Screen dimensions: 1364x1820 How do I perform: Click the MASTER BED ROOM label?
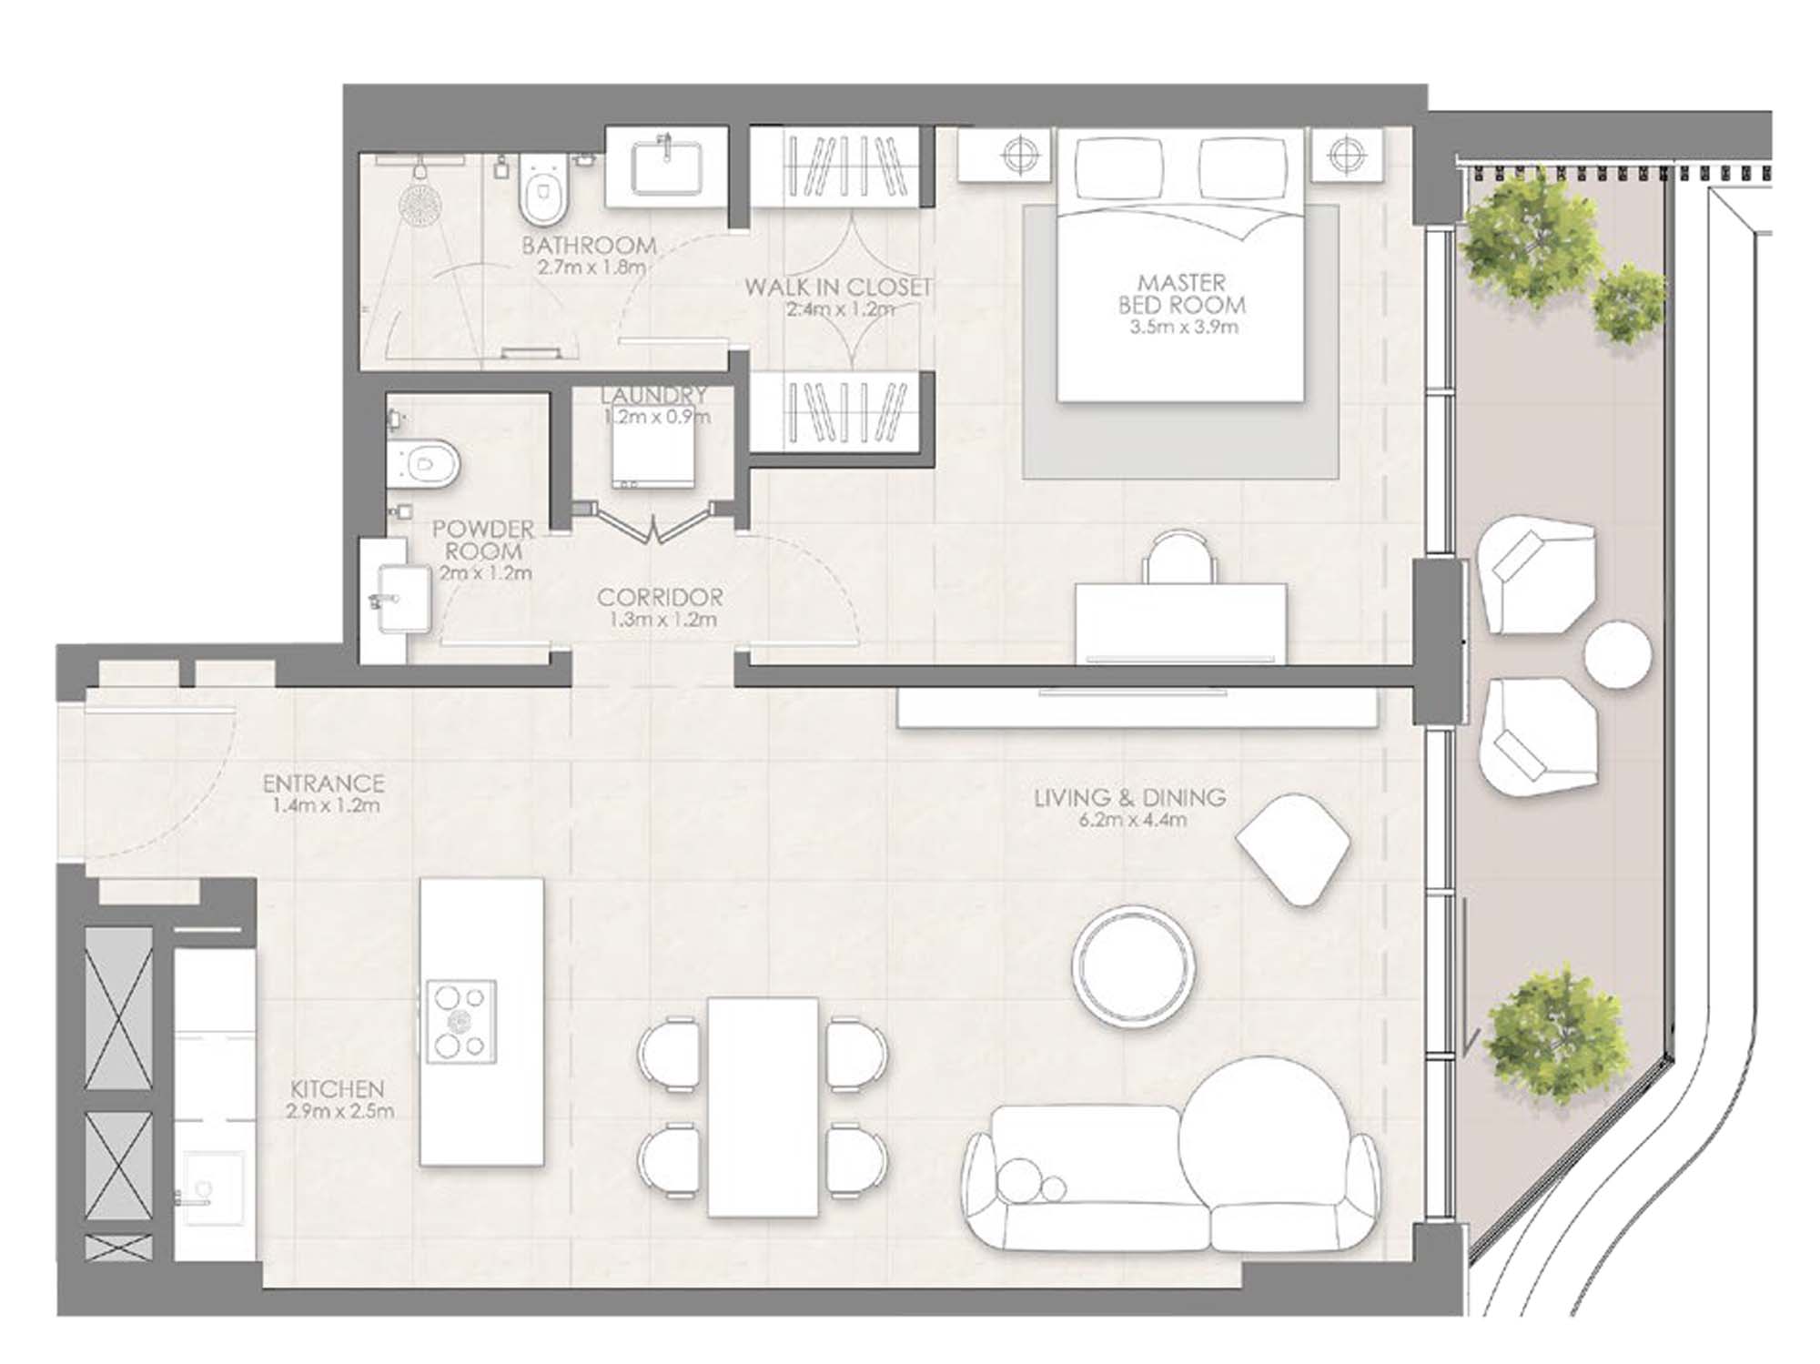click(x=1182, y=294)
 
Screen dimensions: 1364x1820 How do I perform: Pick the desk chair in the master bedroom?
click(x=1179, y=557)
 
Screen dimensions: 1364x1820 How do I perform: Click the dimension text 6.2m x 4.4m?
click(x=1130, y=820)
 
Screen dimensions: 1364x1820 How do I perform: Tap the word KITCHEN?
click(x=338, y=1089)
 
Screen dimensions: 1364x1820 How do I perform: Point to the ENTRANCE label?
click(x=323, y=783)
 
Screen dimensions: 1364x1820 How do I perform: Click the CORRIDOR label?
click(x=660, y=598)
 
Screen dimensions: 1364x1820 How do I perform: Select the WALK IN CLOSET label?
click(x=838, y=288)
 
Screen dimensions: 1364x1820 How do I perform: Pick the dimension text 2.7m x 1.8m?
click(x=591, y=268)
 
